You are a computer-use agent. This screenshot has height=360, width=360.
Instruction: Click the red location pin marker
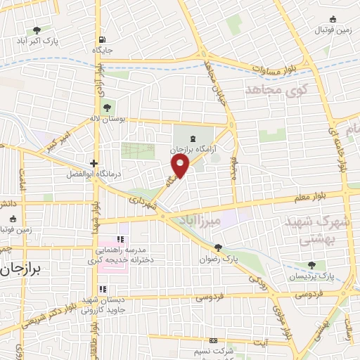pos(181,166)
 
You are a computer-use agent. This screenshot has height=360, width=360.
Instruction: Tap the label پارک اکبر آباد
pos(39,41)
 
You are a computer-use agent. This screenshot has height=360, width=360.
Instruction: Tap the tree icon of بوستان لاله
pos(107,108)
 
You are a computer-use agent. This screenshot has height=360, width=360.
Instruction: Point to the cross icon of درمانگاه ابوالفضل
pos(94,162)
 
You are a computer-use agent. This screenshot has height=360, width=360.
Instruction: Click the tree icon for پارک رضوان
pos(219,247)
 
